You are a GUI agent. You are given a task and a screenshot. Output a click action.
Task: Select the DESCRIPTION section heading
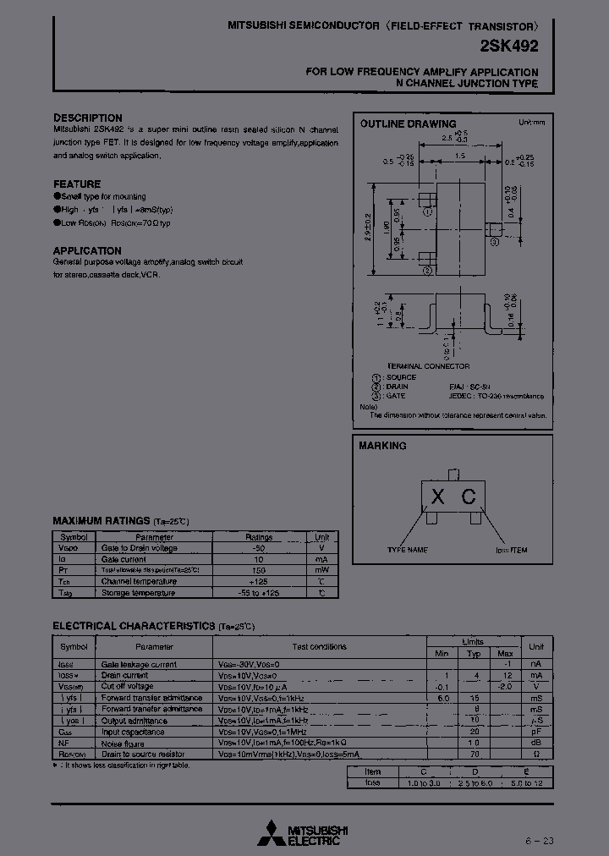[88, 118]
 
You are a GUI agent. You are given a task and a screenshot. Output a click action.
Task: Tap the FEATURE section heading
[77, 184]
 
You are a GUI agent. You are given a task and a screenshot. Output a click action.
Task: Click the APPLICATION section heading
[87, 250]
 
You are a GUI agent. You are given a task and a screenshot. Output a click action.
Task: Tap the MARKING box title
[382, 446]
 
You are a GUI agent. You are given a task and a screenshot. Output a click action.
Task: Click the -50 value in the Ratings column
[258, 548]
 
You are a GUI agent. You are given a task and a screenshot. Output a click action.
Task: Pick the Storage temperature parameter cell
[138, 593]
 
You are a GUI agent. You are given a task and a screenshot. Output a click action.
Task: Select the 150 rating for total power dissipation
[258, 571]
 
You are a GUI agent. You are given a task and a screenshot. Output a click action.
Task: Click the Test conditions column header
[319, 647]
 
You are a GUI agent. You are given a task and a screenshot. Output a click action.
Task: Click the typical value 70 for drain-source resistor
[475, 753]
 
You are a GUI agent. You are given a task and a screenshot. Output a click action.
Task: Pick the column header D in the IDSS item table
[475, 772]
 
